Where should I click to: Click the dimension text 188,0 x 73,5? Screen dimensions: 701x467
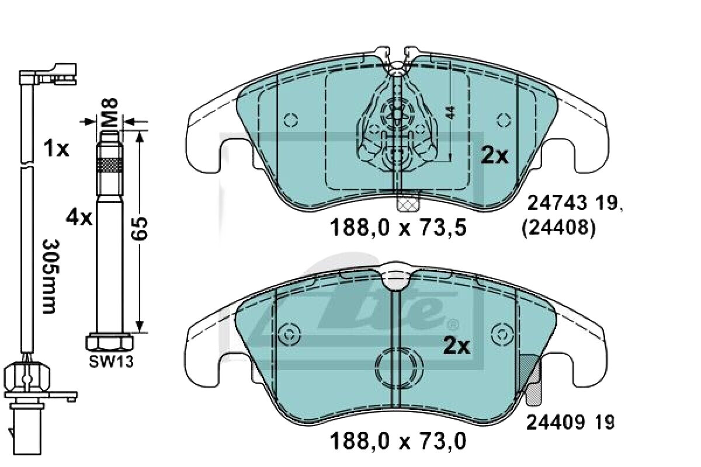[398, 228]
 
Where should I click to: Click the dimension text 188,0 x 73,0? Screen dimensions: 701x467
[398, 441]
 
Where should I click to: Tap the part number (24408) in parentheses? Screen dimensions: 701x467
[558, 229]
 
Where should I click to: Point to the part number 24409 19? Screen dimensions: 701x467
[570, 422]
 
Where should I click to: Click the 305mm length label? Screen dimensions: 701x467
[50, 277]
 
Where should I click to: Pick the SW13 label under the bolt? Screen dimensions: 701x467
[112, 362]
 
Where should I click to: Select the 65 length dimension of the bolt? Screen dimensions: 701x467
[139, 229]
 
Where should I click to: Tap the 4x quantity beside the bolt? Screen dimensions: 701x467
[79, 217]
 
